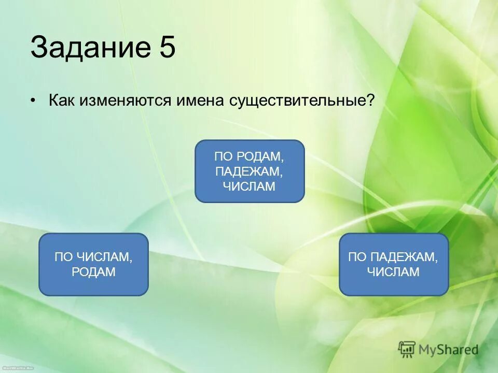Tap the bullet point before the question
pyautogui.click(x=33, y=100)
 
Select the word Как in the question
pyautogui.click(x=62, y=100)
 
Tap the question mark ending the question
pyautogui.click(x=370, y=100)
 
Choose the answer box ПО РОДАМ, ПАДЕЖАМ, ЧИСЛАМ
pyautogui.click(x=249, y=171)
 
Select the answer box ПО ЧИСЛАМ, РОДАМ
pyautogui.click(x=93, y=264)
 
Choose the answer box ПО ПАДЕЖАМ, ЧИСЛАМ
pyautogui.click(x=393, y=264)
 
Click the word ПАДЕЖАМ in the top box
pyautogui.click(x=249, y=171)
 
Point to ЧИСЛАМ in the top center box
pyautogui.click(x=249, y=187)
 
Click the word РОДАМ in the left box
pyautogui.click(x=93, y=272)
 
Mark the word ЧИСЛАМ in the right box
pyautogui.click(x=393, y=272)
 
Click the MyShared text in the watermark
pyautogui.click(x=448, y=350)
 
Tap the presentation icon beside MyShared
pyautogui.click(x=407, y=349)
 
